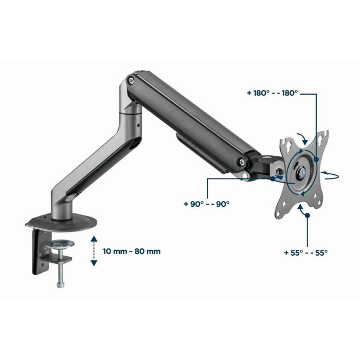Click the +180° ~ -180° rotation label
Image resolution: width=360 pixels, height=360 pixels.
(x=273, y=93)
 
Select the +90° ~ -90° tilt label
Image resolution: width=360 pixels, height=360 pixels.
(x=205, y=204)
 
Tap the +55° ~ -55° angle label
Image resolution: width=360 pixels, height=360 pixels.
(x=305, y=253)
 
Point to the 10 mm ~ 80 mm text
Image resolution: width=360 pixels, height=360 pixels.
(x=132, y=251)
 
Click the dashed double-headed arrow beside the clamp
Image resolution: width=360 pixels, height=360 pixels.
(x=93, y=251)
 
